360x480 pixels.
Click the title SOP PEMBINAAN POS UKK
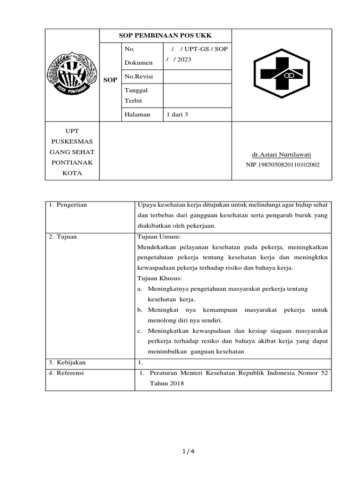pos(165,36)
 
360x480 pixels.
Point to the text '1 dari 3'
pos(177,114)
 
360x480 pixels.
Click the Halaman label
pos(137,114)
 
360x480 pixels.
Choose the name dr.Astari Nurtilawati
pos(282,155)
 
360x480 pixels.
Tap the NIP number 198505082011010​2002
pos(282,165)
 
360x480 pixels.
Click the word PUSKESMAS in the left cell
pos(72,141)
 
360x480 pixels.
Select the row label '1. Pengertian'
pos(68,205)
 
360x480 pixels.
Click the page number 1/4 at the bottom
pos(187,452)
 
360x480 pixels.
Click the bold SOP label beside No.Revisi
pos(110,80)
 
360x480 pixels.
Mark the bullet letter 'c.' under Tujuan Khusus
pos(140,331)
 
